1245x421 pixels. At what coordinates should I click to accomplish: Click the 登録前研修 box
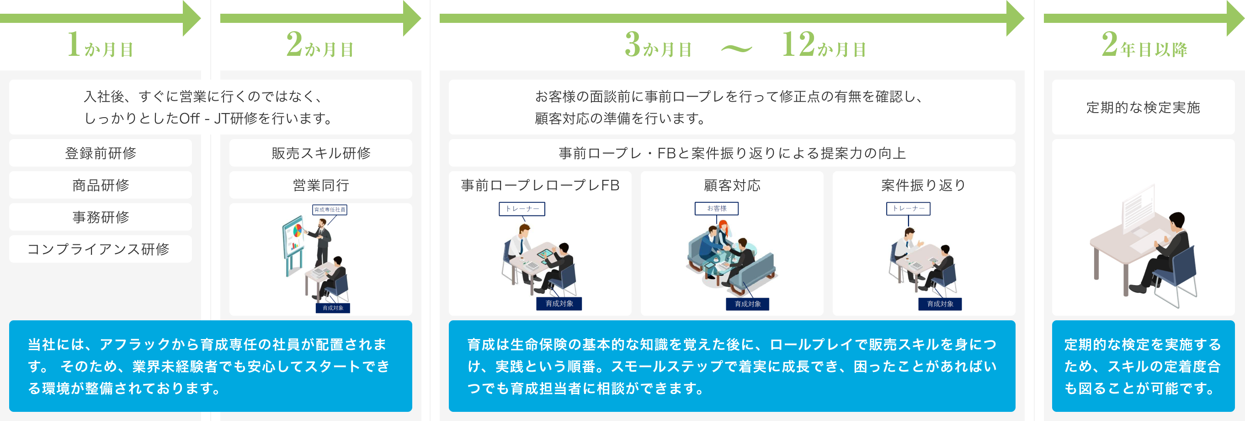tap(101, 153)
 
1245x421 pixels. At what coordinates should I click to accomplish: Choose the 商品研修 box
tap(101, 185)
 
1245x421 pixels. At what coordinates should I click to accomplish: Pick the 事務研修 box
tap(101, 217)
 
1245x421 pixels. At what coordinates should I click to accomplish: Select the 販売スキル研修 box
tap(320, 153)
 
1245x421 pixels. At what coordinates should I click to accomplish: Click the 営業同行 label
tap(320, 185)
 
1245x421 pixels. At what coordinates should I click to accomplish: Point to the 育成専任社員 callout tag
tap(330, 210)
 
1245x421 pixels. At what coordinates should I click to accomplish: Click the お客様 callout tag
tap(717, 208)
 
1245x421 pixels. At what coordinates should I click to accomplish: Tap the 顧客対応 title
tap(732, 185)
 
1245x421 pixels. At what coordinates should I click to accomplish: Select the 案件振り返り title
tap(923, 185)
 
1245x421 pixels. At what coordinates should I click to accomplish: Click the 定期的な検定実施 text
tap(1143, 108)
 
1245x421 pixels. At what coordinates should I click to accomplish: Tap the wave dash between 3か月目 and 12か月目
tap(736, 49)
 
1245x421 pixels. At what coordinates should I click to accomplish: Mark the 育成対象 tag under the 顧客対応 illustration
tap(748, 304)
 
